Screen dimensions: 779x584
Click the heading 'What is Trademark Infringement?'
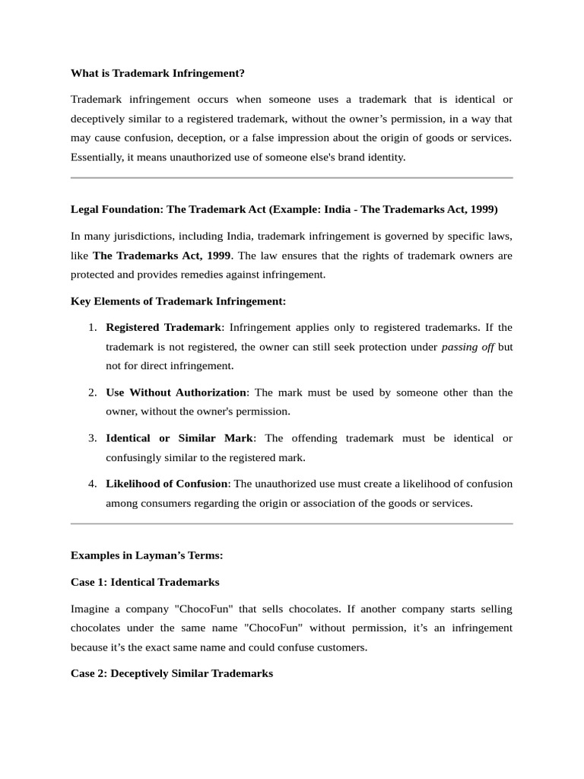click(157, 73)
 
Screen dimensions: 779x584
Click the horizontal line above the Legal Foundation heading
click(291, 178)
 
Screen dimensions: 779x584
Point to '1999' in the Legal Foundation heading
click(484, 209)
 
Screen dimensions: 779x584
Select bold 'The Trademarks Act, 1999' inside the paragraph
click(161, 256)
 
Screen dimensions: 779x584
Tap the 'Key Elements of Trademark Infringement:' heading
click(178, 301)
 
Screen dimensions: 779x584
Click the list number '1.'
click(91, 328)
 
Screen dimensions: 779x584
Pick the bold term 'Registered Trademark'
click(163, 328)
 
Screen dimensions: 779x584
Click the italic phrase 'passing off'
click(467, 347)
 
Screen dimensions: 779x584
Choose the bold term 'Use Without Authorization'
click(176, 393)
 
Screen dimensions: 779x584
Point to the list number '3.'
click(91, 439)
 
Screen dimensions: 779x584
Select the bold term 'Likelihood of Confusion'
click(167, 484)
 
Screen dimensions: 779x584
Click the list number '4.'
click(91, 484)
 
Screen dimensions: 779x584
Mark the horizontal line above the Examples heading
click(291, 523)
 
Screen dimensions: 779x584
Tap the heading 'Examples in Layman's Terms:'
click(146, 555)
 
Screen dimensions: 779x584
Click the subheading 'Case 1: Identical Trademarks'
click(144, 582)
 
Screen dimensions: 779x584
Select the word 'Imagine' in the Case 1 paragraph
click(90, 609)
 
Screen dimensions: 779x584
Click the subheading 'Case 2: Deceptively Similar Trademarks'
click(171, 674)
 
